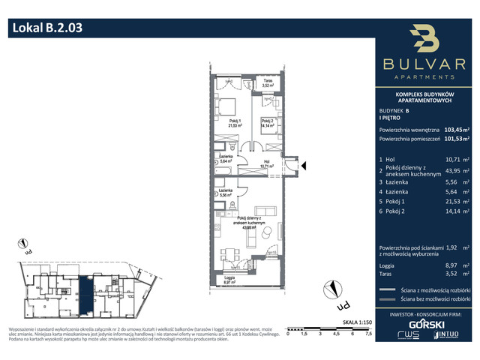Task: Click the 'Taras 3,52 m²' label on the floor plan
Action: point(267,84)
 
